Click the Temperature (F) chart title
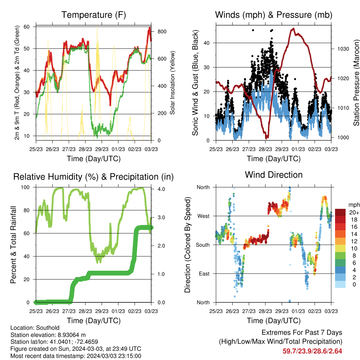[94, 15]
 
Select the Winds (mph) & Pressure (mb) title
[274, 15]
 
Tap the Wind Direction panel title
[274, 175]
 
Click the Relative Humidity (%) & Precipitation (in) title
[94, 177]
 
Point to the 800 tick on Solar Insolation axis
[162, 32]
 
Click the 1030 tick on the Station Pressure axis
[343, 49]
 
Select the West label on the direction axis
[203, 216]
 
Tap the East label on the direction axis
[204, 274]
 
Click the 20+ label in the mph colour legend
[354, 213]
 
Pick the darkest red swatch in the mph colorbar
[340, 212]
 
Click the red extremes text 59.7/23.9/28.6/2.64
[312, 351]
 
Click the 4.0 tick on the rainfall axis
[161, 189]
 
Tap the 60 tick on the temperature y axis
[27, 27]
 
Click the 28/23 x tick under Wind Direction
[265, 311]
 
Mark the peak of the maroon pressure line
[293, 28]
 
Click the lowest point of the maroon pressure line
[266, 139]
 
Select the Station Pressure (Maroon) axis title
[356, 83]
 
